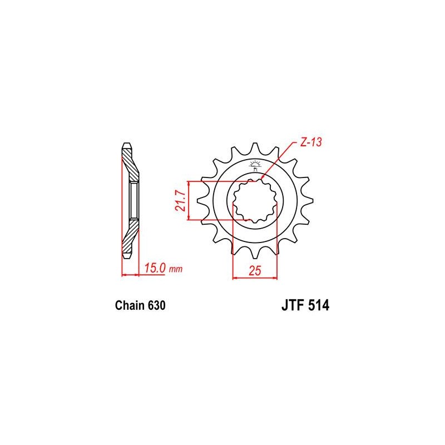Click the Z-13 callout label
pyautogui.click(x=311, y=142)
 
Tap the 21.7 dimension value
pyautogui.click(x=180, y=201)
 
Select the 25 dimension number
pyautogui.click(x=255, y=271)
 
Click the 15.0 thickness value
pyautogui.click(x=155, y=268)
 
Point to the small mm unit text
pyautogui.click(x=176, y=269)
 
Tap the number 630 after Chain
pyautogui.click(x=156, y=305)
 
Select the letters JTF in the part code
pyautogui.click(x=293, y=305)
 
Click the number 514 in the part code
pyautogui.click(x=319, y=305)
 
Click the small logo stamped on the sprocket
pyautogui.click(x=255, y=166)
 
